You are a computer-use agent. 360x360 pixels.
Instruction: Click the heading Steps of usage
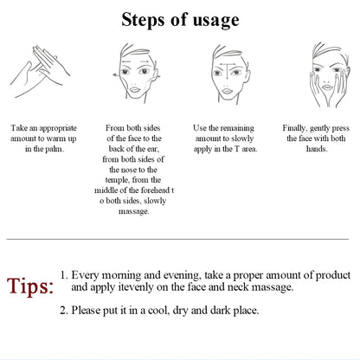(180, 19)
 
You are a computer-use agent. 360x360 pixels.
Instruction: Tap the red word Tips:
(31, 286)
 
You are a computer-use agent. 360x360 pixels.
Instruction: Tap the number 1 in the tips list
(64, 273)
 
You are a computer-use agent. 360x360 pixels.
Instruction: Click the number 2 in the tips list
(64, 309)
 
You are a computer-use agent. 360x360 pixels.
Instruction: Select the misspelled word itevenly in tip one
(131, 286)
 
